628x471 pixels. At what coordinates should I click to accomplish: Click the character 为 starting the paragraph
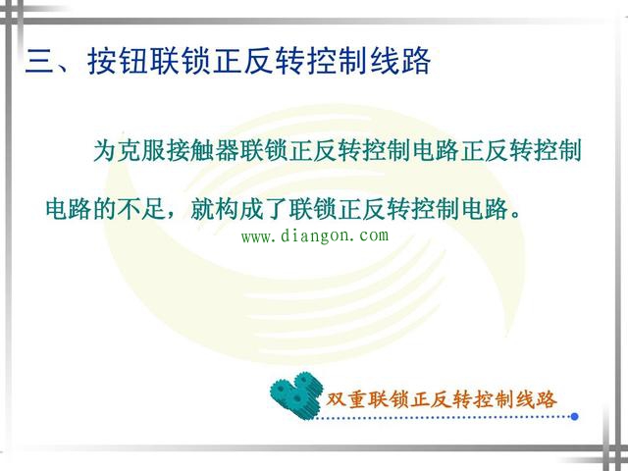pyautogui.click(x=104, y=152)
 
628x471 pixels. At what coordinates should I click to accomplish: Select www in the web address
pyautogui.click(x=256, y=236)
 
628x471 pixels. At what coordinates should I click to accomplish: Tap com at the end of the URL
pyautogui.click(x=374, y=236)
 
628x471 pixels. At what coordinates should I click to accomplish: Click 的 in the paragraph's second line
pyautogui.click(x=104, y=208)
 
